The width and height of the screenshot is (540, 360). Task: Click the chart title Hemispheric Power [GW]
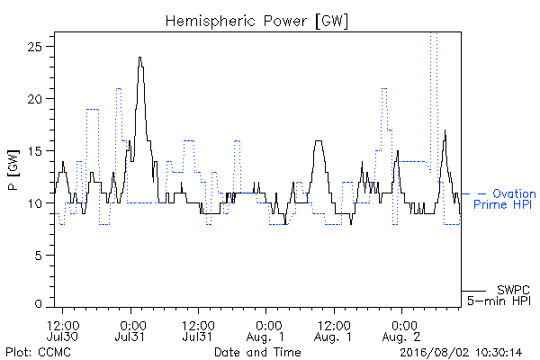tap(256, 22)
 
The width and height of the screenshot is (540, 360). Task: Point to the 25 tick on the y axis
tap(34, 47)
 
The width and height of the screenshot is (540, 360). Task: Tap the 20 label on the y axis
tap(34, 99)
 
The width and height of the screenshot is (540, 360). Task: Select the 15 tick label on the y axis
tap(34, 151)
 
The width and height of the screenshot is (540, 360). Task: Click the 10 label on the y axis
tap(34, 203)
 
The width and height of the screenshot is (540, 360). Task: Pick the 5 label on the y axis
tap(38, 256)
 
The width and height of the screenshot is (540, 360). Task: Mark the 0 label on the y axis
tap(38, 304)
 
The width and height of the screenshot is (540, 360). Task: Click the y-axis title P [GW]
tap(13, 170)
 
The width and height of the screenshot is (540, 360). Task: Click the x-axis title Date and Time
tap(257, 352)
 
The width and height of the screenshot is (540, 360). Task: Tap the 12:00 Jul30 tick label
tap(63, 330)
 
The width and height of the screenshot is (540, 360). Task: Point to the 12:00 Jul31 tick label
tap(198, 330)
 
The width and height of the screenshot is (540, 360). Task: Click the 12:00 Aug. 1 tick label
tap(333, 330)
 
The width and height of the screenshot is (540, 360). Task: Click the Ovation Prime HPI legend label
tap(505, 199)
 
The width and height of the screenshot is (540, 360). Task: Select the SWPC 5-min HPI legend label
tap(499, 295)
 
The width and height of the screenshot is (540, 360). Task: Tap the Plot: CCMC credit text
tap(38, 352)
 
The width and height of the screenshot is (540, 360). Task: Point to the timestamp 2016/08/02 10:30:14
tap(461, 353)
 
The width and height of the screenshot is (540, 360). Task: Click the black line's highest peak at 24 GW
tap(139, 58)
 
